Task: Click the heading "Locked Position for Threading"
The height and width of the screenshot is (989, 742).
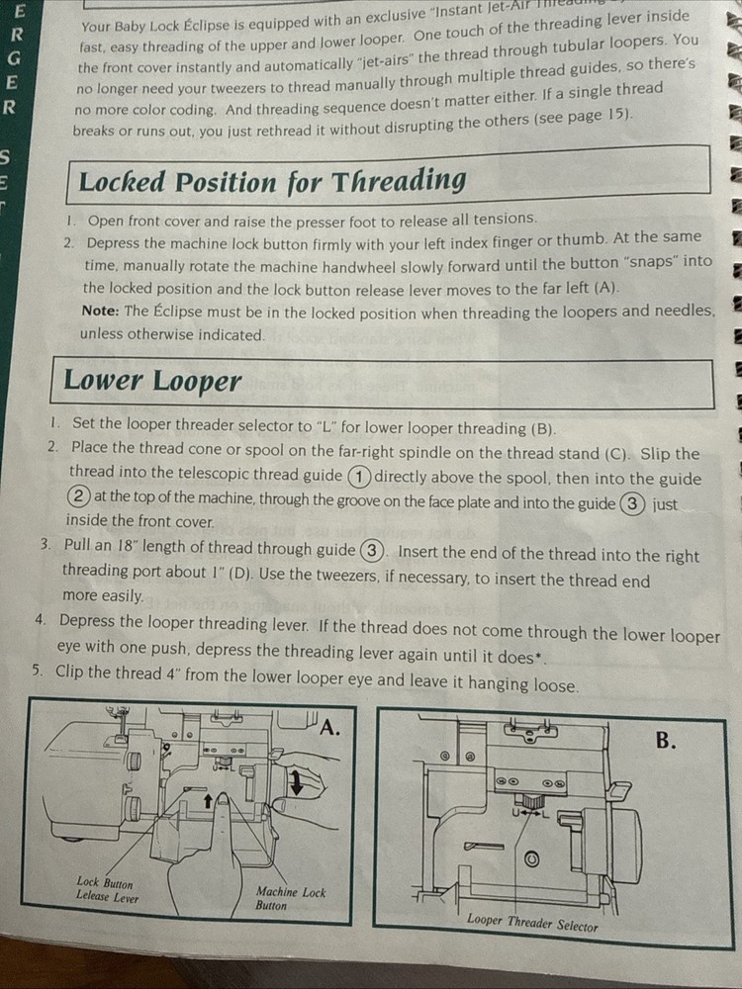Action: (272, 181)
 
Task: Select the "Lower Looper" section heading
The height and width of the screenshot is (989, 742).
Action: (152, 380)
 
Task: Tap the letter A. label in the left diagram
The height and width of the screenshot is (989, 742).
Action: (329, 728)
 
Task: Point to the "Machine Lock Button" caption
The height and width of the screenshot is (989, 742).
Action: (290, 898)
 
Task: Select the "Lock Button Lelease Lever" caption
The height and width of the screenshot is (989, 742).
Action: (108, 889)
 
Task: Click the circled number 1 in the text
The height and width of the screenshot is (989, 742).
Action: (359, 477)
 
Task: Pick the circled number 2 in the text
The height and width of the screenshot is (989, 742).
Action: (80, 498)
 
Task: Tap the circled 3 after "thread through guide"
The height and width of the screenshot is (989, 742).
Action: (372, 550)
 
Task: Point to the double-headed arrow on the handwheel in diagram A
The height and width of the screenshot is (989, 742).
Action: (295, 784)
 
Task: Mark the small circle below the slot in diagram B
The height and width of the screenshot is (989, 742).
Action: (531, 859)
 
